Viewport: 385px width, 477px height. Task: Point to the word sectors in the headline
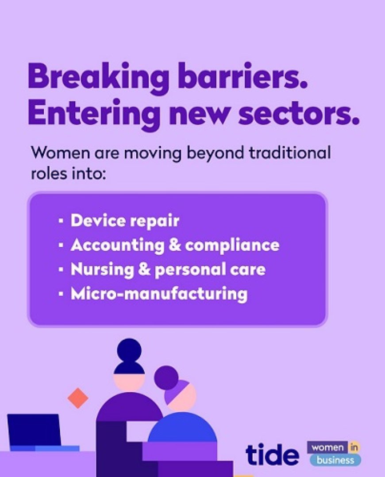300,113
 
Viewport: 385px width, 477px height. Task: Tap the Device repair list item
125,221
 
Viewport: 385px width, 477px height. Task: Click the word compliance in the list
232,245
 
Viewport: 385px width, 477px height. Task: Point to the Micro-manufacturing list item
158,294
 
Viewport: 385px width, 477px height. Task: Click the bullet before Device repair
61,221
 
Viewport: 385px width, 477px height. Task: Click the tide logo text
272,454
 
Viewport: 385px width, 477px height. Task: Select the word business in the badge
335,460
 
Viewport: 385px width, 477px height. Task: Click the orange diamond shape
78,398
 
